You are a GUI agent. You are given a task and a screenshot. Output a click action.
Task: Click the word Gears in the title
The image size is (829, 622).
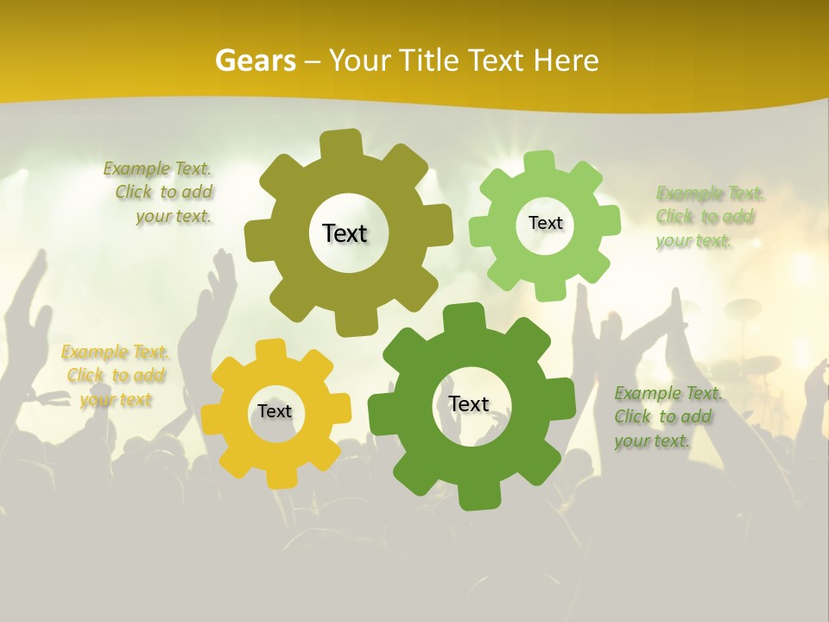pos(255,60)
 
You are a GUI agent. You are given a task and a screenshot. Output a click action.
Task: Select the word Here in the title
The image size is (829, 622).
pos(566,60)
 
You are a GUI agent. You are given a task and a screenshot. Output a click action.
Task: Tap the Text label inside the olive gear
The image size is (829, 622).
pos(345,233)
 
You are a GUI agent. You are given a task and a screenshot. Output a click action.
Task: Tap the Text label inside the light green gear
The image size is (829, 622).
pos(545,223)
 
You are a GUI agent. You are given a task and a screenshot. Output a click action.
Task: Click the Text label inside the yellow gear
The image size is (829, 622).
pos(275,411)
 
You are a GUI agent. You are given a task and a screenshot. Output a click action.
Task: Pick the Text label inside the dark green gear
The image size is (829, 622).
pos(469,403)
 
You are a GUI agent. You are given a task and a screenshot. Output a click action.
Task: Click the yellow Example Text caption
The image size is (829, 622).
pos(115,376)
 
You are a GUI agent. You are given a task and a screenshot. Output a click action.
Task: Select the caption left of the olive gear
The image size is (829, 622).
pos(161,192)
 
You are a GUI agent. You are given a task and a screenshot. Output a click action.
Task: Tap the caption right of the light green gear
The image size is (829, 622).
pos(708,216)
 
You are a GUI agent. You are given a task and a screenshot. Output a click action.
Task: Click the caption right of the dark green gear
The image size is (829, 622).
pos(667,416)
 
